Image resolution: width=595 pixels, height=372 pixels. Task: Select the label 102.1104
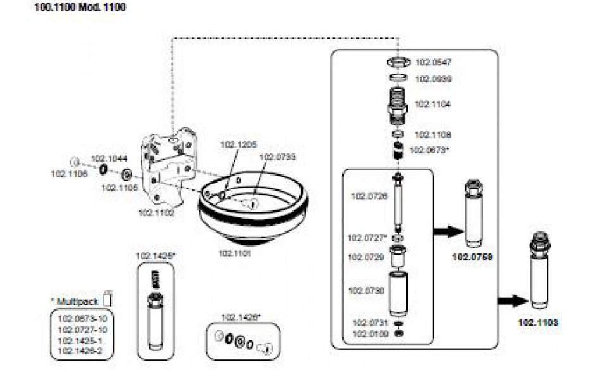coord(433,103)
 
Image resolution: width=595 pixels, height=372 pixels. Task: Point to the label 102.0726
coord(369,196)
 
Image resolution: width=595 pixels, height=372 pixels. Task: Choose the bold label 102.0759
coord(472,258)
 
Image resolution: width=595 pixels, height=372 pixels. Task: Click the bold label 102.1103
coord(538,322)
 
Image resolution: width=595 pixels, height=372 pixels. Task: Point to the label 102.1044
coord(108,159)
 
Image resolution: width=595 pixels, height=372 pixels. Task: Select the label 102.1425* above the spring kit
coord(156,256)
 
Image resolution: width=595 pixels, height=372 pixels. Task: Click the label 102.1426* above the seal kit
coord(241,317)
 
